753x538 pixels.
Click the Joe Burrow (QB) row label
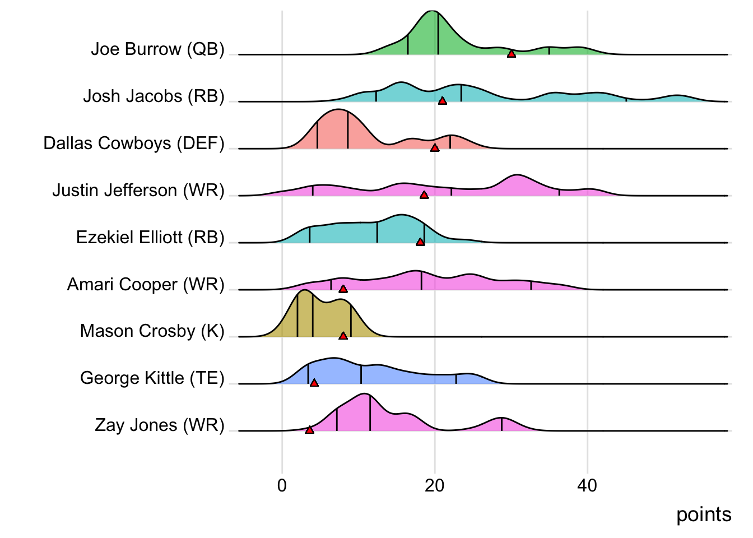pyautogui.click(x=157, y=49)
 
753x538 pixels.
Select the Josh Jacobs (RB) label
pyautogui.click(x=154, y=96)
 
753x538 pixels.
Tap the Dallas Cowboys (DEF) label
pyautogui.click(x=134, y=143)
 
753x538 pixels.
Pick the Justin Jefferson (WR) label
pyautogui.click(x=138, y=191)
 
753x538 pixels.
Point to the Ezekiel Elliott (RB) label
pyautogui.click(x=150, y=238)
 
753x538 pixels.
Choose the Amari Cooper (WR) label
pyautogui.click(x=146, y=285)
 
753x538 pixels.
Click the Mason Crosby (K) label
pyautogui.click(x=152, y=331)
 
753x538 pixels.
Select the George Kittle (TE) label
pyautogui.click(x=152, y=378)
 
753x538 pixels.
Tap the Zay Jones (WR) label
pyautogui.click(x=160, y=425)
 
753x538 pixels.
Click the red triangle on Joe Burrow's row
pyautogui.click(x=512, y=54)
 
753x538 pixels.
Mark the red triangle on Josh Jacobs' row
pyautogui.click(x=442, y=101)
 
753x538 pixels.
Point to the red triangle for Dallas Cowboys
pyautogui.click(x=435, y=148)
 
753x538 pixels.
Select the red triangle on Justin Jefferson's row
pyautogui.click(x=424, y=195)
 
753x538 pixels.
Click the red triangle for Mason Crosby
pyautogui.click(x=343, y=336)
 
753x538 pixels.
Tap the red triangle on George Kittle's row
pyautogui.click(x=314, y=383)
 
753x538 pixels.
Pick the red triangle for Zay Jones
pyautogui.click(x=309, y=430)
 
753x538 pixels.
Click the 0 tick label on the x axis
pyautogui.click(x=282, y=485)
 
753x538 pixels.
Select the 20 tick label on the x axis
pyautogui.click(x=434, y=485)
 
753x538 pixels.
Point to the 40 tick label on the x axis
pyautogui.click(x=587, y=485)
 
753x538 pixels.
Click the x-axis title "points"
pyautogui.click(x=704, y=514)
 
